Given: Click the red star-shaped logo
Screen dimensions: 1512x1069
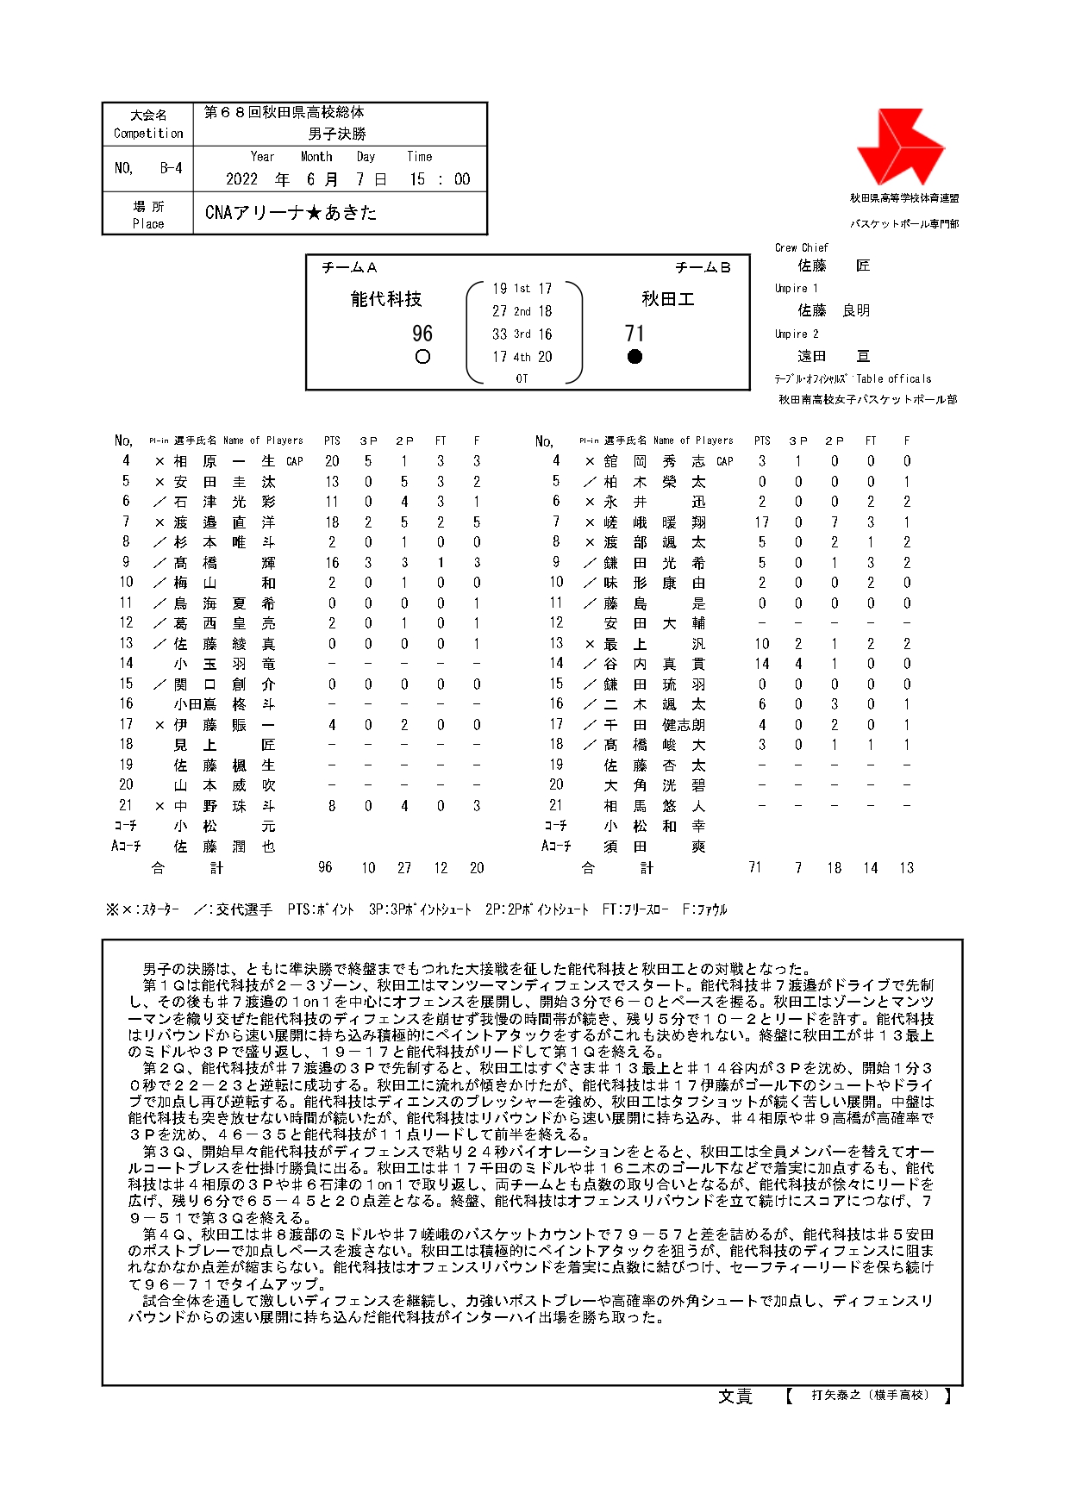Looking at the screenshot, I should point(899,147).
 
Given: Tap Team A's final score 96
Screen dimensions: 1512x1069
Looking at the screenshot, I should point(422,334).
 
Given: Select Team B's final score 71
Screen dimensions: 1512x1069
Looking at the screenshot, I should point(635,334).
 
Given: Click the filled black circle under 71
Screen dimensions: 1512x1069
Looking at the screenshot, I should point(635,357).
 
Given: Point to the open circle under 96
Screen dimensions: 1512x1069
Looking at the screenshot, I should point(422,357).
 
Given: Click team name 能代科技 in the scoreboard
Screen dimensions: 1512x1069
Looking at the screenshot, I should point(386,299).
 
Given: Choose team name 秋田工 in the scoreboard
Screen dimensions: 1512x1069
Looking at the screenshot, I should point(667,299).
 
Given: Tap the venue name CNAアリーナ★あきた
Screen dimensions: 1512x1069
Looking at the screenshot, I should point(291,213).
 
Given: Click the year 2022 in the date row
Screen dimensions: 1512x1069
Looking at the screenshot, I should point(241,179).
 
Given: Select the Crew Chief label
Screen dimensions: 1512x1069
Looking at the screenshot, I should point(801,247).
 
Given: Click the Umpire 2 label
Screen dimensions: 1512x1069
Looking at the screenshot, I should point(797,334).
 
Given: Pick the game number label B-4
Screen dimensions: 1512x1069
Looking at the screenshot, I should point(171,168).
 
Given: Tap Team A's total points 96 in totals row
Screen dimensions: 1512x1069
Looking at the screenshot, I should point(325,867).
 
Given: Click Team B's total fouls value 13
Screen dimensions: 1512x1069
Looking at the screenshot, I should point(906,868).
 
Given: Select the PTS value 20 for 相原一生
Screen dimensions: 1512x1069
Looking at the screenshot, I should point(332,461).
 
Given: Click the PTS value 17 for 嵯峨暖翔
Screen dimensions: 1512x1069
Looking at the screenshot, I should point(761,522).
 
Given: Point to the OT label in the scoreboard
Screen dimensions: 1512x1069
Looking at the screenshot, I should point(522,378).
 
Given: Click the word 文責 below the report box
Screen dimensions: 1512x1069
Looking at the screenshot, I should point(735,1397).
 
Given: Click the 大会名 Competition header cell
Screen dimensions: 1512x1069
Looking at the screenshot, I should point(148,124).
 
